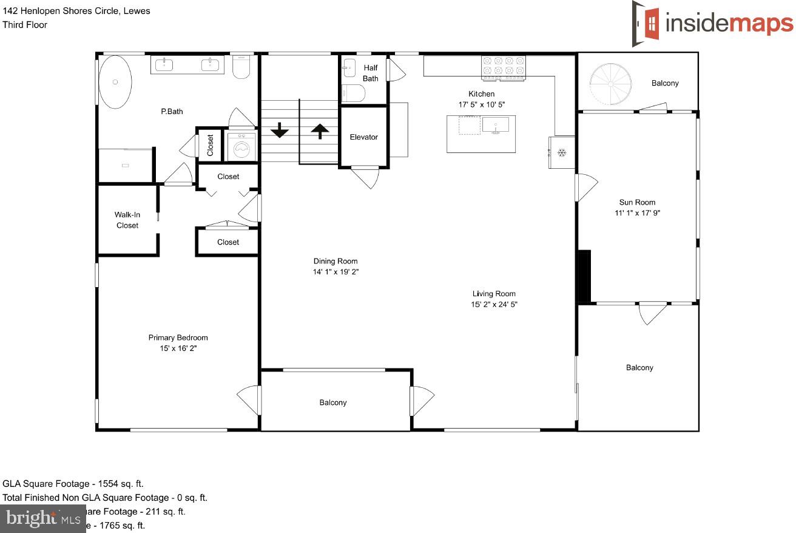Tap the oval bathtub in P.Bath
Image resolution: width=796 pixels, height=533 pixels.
pyautogui.click(x=115, y=82)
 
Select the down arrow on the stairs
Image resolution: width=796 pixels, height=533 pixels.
pyautogui.click(x=279, y=130)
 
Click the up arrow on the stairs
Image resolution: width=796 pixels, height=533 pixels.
pyautogui.click(x=320, y=130)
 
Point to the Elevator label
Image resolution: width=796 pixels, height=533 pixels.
pyautogui.click(x=363, y=137)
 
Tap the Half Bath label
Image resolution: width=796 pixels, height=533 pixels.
pyautogui.click(x=370, y=73)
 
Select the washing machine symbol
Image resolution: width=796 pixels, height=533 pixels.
pyautogui.click(x=241, y=148)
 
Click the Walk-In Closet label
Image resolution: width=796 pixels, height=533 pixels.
pyautogui.click(x=127, y=220)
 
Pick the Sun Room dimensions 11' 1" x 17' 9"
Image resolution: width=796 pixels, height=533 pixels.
pyautogui.click(x=637, y=213)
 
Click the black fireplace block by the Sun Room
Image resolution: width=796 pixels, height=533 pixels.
pyautogui.click(x=583, y=276)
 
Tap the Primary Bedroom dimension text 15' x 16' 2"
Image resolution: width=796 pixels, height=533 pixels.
pyautogui.click(x=178, y=349)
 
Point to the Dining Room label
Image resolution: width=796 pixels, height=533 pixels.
pyautogui.click(x=335, y=262)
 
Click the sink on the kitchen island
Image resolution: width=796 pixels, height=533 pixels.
pyautogui.click(x=496, y=126)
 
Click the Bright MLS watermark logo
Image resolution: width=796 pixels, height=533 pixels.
pyautogui.click(x=42, y=519)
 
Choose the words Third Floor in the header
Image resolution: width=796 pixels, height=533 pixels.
pyautogui.click(x=25, y=25)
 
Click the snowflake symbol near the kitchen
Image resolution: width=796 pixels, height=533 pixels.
pyautogui.click(x=562, y=152)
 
